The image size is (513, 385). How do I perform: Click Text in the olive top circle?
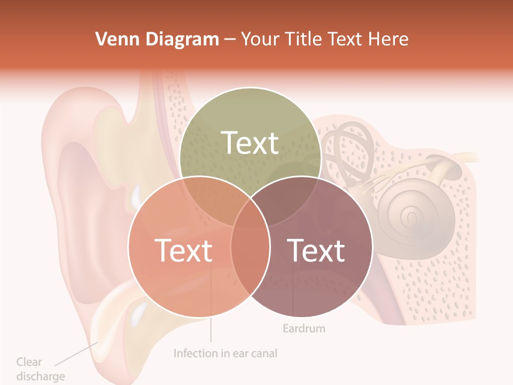pos(250,143)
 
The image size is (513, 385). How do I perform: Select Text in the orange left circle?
pos(183,250)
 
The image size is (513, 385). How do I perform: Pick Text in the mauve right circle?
pos(316,250)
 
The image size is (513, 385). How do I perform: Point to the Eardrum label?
pos(304,328)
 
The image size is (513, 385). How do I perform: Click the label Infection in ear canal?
pos(226,353)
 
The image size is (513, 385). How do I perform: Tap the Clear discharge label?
pos(40,369)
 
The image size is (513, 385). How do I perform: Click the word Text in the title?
pos(346,39)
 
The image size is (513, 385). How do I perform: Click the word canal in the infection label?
pos(263,353)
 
